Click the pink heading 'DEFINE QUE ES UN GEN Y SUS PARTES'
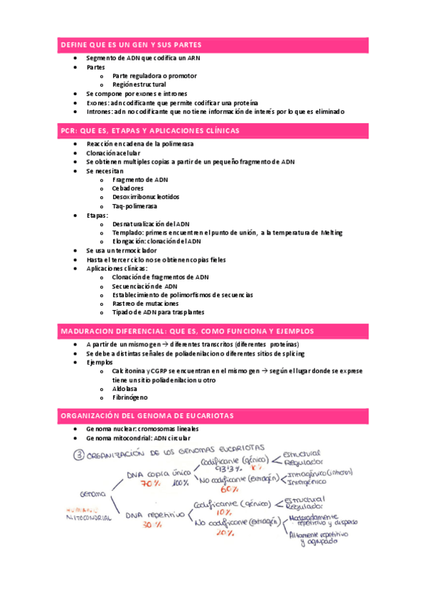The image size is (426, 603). [131, 44]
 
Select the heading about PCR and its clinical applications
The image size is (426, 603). [149, 131]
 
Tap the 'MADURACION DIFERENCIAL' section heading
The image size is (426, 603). [187, 331]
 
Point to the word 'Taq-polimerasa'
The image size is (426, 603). [140, 206]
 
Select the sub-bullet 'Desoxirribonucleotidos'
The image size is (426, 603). [146, 197]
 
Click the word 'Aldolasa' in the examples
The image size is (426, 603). [127, 389]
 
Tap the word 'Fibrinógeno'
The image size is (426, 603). [131, 398]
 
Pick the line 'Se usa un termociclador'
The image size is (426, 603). [122, 250]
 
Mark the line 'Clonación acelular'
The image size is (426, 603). [113, 153]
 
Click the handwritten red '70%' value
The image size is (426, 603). [149, 484]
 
